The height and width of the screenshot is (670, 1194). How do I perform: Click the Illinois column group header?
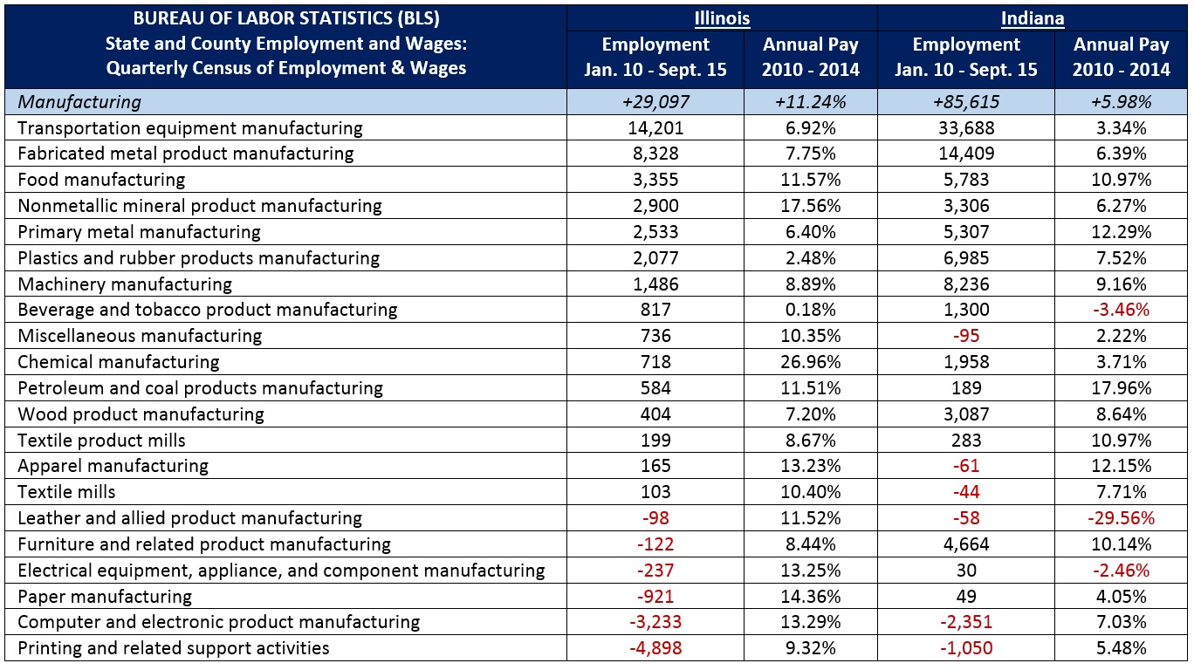(x=722, y=18)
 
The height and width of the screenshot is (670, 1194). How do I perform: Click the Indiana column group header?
(x=1033, y=18)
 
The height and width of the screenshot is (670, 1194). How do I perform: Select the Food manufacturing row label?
(x=101, y=180)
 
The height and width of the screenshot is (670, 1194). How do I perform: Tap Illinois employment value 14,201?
(x=655, y=128)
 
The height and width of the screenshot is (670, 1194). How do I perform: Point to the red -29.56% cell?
(x=1121, y=518)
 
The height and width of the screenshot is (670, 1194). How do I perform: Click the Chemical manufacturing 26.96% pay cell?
(x=810, y=362)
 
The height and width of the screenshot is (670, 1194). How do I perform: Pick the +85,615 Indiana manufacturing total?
(x=965, y=102)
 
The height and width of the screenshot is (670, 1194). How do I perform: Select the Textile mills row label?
(x=66, y=492)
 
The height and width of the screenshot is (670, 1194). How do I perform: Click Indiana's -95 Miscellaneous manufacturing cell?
(x=965, y=336)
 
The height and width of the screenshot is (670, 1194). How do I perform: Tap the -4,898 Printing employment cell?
(x=655, y=648)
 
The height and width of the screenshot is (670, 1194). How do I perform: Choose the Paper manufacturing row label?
(x=106, y=597)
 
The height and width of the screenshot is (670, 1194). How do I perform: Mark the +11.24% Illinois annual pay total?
(x=810, y=102)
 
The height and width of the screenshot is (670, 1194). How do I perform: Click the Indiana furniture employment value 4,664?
(x=965, y=544)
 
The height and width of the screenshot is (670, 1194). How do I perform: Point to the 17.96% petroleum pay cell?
(x=1121, y=388)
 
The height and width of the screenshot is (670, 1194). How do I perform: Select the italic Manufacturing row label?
(x=79, y=102)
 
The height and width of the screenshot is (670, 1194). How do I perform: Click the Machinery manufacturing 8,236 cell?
(x=965, y=284)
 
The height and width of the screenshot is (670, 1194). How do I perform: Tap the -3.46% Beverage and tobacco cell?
(x=1121, y=310)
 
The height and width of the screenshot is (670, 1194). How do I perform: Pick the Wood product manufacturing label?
(x=141, y=414)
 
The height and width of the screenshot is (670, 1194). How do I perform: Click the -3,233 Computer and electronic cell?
(x=655, y=622)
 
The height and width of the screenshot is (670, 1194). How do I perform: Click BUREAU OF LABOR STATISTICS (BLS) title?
(x=285, y=18)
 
